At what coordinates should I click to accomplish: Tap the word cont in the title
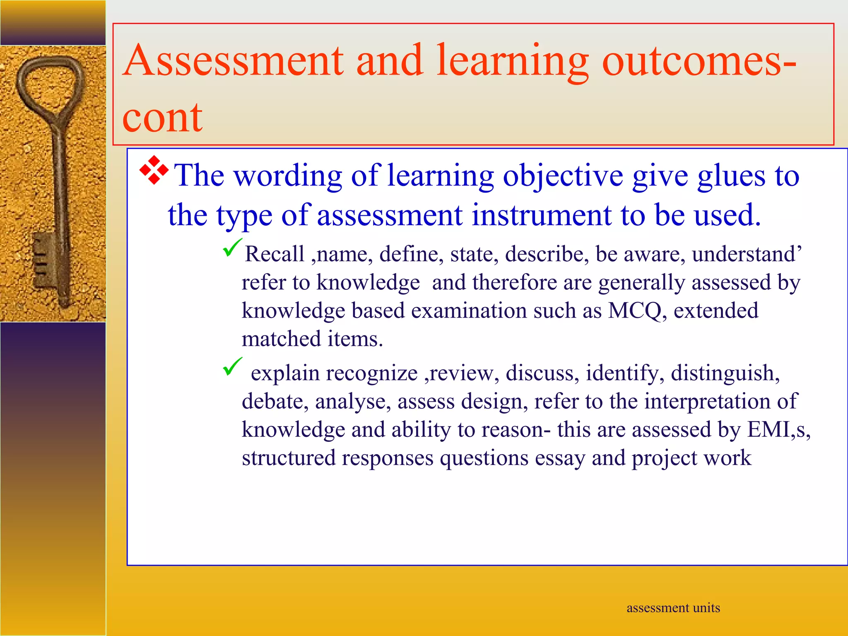[162, 118]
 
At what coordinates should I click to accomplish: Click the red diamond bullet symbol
[154, 170]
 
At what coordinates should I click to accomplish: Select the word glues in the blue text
[731, 176]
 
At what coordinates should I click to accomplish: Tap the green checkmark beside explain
[232, 366]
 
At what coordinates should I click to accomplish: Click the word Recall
[274, 254]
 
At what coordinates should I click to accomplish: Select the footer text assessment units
[673, 608]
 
